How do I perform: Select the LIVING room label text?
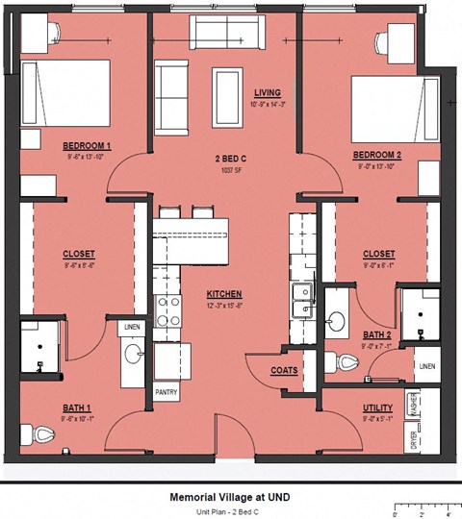(x=267, y=92)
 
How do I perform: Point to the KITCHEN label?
(x=222, y=293)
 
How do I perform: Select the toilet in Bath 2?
(x=349, y=362)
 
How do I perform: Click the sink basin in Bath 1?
(x=133, y=356)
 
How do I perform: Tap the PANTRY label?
(x=166, y=392)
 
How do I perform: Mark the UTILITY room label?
(x=377, y=408)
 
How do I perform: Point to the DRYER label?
(x=415, y=438)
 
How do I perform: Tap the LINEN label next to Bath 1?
(x=132, y=328)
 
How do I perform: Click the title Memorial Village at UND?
(x=230, y=497)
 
